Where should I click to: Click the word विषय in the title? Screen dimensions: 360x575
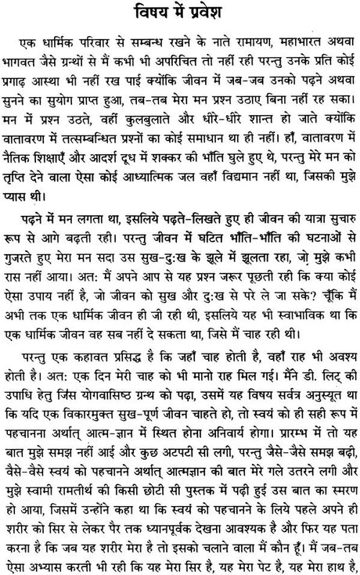144,14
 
